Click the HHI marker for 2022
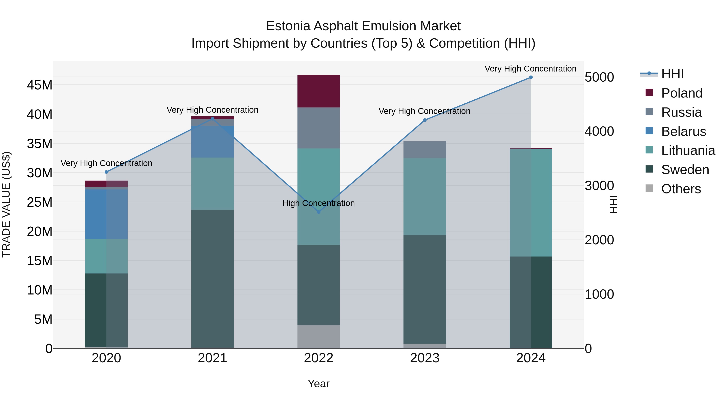319,212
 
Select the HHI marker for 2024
531,77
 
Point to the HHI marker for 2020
106,172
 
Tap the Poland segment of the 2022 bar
319,91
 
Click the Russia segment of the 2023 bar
425,150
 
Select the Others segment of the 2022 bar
319,336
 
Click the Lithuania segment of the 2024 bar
531,203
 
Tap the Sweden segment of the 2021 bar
212,278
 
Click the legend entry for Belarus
683,131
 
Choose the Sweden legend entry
685,170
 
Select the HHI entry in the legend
672,74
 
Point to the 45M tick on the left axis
40,85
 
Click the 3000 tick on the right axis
599,186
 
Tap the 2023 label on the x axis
425,358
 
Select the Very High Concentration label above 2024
530,69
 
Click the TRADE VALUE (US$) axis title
6,204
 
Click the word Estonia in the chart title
288,26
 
